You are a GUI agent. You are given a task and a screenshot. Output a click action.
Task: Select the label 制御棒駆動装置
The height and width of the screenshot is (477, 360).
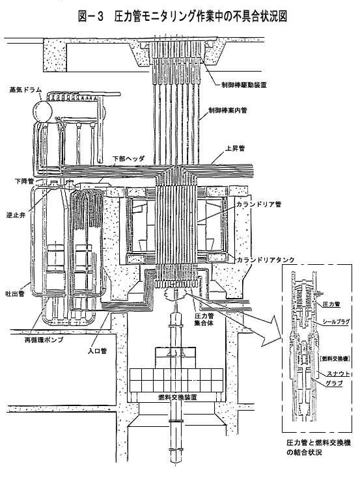click(x=244, y=85)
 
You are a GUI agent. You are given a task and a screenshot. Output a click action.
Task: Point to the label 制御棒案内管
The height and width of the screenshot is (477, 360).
click(x=228, y=110)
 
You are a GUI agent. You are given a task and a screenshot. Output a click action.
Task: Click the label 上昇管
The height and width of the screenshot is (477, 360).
click(x=235, y=149)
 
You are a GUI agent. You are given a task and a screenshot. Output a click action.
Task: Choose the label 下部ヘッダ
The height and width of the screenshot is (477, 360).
click(x=129, y=159)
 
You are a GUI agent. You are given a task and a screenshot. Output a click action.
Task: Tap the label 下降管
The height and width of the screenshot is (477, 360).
click(x=24, y=182)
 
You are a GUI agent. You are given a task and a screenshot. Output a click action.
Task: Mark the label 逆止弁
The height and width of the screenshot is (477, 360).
click(x=16, y=215)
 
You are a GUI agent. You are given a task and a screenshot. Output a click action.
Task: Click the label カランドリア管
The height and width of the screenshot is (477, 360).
click(x=259, y=204)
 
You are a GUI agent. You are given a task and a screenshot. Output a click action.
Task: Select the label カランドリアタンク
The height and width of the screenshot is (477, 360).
click(x=266, y=260)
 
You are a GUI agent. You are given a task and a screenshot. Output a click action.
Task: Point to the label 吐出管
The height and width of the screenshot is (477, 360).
click(x=15, y=294)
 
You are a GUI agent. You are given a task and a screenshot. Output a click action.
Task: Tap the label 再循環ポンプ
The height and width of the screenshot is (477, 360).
click(x=44, y=340)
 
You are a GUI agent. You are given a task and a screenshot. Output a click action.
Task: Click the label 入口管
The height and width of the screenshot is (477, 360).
click(x=98, y=351)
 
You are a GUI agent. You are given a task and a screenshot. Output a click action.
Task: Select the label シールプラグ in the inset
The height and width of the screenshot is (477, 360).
click(x=336, y=321)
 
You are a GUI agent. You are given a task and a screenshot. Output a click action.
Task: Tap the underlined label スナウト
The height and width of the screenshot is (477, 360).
click(x=338, y=374)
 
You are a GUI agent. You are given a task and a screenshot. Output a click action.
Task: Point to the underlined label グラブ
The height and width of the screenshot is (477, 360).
click(x=334, y=383)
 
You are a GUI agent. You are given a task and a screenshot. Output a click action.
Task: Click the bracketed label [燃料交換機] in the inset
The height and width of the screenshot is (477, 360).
click(x=335, y=359)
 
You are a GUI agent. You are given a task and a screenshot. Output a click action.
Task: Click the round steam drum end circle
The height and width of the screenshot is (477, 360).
click(x=43, y=111)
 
